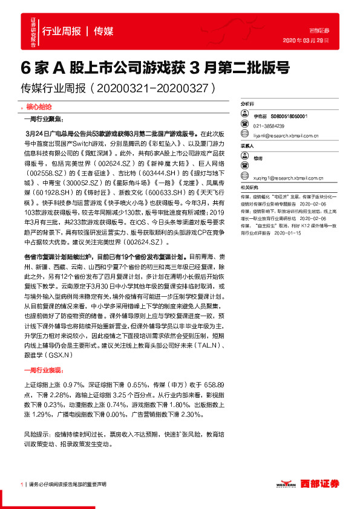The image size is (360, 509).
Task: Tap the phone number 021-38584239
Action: (269, 126)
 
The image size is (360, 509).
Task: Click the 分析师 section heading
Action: (248, 104)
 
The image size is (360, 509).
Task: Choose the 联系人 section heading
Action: (248, 146)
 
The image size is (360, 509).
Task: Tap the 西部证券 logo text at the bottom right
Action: (320, 484)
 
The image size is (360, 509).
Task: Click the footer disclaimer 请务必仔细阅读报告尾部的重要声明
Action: (67, 484)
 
